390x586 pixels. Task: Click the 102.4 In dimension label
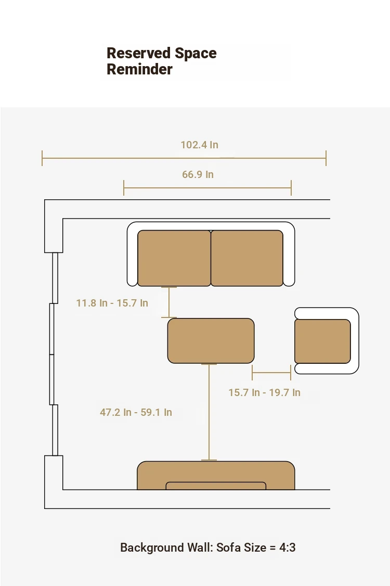pos(200,145)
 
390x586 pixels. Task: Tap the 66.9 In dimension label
pos(198,174)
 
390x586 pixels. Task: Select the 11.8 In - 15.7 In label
pos(112,303)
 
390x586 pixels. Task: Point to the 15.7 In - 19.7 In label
pos(265,393)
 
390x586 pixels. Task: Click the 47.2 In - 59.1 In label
pos(136,413)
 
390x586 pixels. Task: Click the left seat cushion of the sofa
pos(174,258)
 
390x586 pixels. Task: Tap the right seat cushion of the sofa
pos(247,258)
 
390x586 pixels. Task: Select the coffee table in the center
pos(211,341)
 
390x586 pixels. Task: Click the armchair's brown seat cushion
pos(322,341)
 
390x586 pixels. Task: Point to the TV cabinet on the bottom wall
pos(216,475)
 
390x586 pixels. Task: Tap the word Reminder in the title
pos(140,70)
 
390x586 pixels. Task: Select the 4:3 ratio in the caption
pos(287,547)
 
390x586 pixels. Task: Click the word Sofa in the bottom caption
pos(229,547)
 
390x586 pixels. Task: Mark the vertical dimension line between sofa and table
pos(169,302)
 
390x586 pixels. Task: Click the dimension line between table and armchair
pos(271,373)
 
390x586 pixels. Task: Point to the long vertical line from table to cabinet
pos(209,412)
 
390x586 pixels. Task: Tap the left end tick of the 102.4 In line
pos(42,158)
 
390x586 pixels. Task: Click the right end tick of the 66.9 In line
pos(291,187)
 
